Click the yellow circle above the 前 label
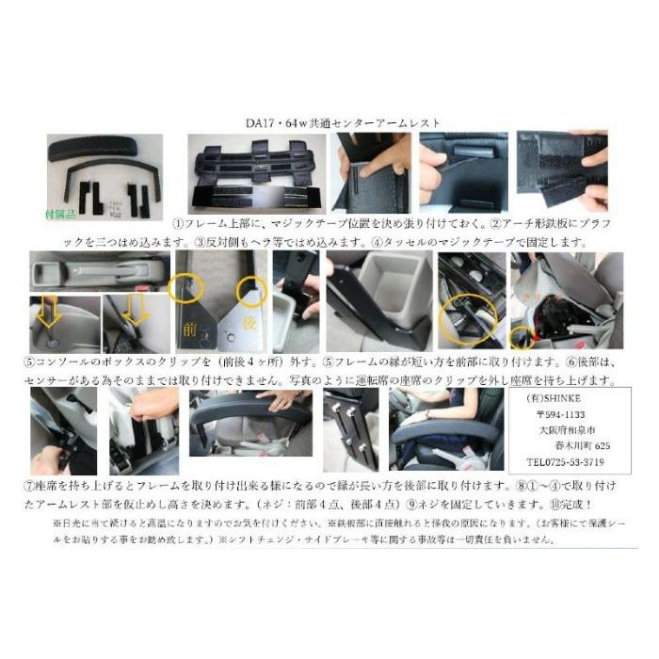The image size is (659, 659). [180, 284]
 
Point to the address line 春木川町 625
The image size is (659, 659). [580, 446]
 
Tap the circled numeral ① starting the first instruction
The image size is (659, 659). [176, 225]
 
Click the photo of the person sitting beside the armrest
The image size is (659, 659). [448, 430]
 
